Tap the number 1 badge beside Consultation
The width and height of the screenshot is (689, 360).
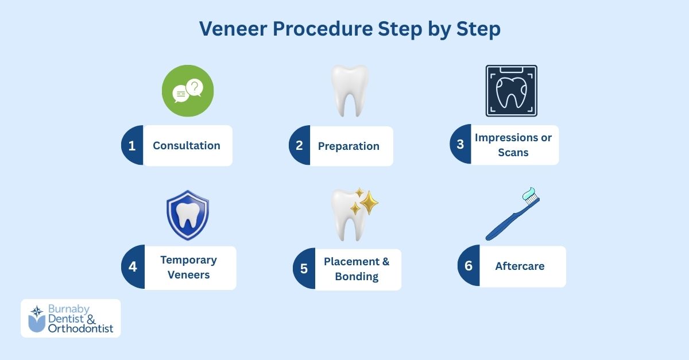[x=132, y=146]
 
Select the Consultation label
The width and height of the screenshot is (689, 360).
[x=187, y=146]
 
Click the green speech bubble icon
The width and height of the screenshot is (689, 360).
[x=187, y=91]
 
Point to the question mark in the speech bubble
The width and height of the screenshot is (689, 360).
[x=195, y=87]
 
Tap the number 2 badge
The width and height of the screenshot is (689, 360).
[x=299, y=146]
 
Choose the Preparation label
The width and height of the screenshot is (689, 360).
[x=349, y=146]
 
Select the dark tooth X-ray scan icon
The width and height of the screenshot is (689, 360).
[x=511, y=91]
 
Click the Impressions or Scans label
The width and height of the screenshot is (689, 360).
[x=513, y=145]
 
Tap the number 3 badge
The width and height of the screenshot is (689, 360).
[x=460, y=145]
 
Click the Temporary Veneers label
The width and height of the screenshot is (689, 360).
[x=188, y=268]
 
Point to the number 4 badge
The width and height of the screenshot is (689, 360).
[x=133, y=268]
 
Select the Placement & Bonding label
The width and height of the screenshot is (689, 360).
[x=357, y=269]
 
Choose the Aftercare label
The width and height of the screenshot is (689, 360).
[x=520, y=266]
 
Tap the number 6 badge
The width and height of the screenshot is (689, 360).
[x=469, y=266]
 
